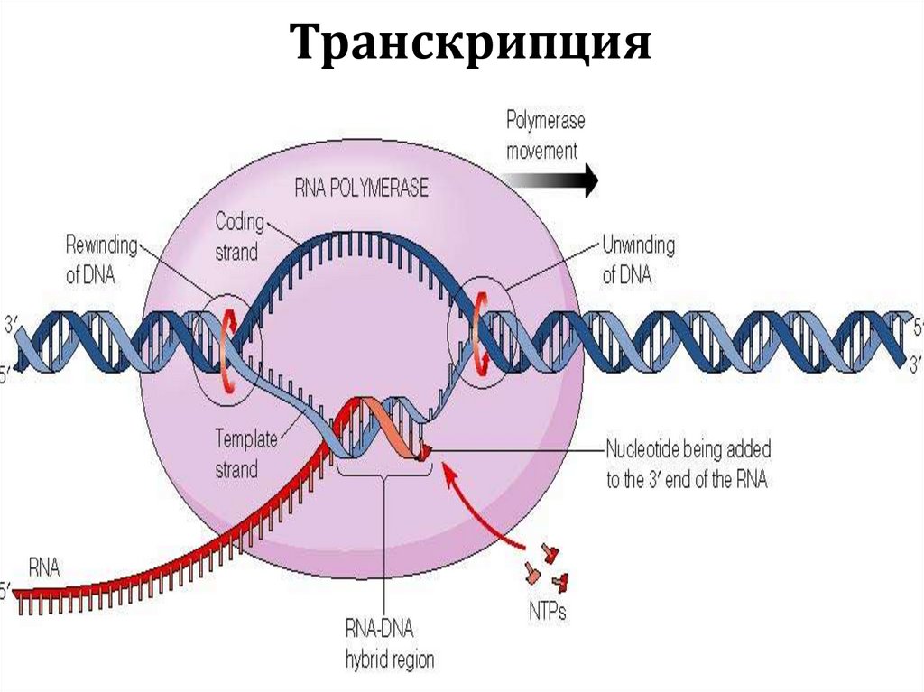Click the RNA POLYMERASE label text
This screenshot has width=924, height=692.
click(x=361, y=189)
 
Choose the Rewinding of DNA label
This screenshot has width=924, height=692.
click(x=103, y=260)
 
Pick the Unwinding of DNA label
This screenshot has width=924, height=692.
click(x=638, y=260)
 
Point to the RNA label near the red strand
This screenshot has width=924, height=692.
click(x=43, y=567)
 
